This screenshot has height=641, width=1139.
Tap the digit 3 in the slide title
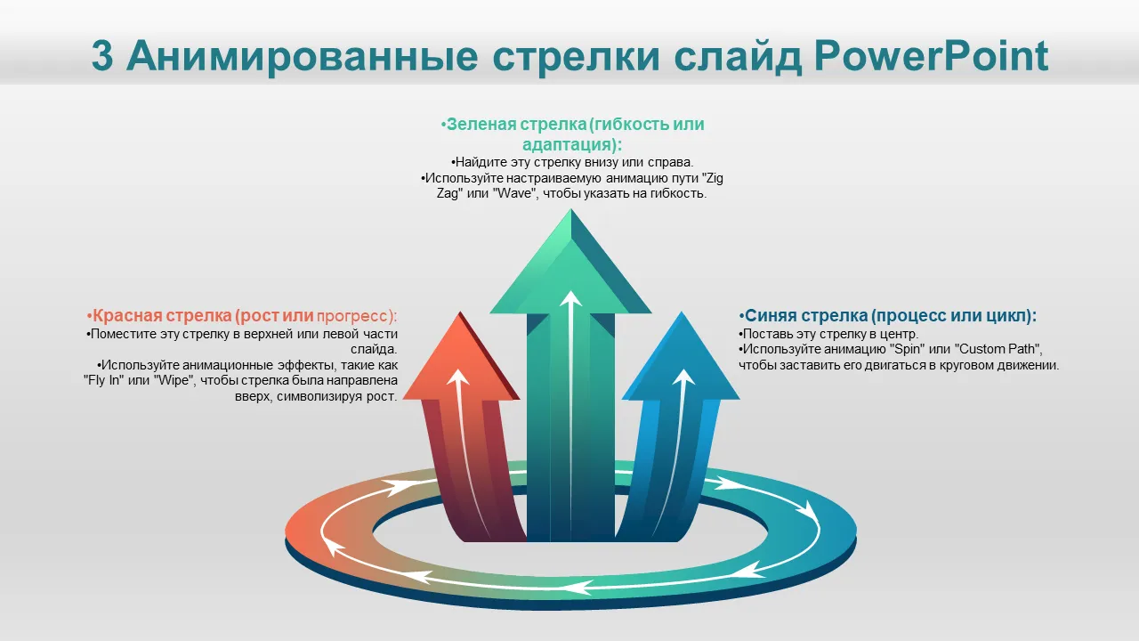click(102, 55)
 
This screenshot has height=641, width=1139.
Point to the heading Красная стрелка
click(160, 316)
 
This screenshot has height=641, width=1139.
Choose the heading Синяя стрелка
click(804, 316)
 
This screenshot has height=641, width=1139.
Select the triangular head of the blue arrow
click(682, 361)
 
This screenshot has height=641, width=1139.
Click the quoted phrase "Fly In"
click(102, 381)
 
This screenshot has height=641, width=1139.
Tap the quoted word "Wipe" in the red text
click(173, 381)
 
